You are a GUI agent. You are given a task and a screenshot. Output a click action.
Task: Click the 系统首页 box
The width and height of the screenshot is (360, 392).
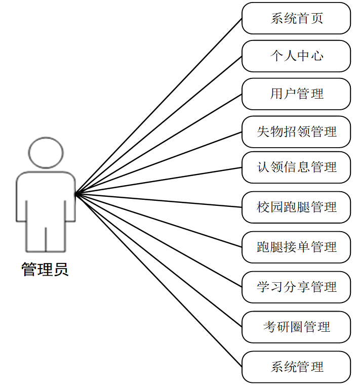296,18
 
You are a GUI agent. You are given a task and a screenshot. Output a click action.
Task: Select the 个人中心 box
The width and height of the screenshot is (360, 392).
296,56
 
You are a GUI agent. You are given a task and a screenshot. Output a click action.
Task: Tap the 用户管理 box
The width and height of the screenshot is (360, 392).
296,94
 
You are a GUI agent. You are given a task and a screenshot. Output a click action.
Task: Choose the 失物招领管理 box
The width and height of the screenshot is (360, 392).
296,132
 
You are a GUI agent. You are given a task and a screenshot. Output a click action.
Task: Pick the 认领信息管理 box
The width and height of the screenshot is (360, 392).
296,167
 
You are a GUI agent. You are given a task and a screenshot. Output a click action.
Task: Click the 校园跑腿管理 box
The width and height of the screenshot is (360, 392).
296,207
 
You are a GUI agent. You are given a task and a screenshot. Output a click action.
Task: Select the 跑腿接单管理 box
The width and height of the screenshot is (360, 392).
296,247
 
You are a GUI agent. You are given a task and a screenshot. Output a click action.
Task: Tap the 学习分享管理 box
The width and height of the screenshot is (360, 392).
296,287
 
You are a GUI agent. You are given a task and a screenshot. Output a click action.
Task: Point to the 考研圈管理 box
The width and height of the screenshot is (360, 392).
296,327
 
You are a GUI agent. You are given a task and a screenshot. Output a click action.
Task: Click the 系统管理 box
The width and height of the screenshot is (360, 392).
296,367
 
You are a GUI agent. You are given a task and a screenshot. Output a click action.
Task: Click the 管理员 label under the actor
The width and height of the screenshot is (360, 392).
45,269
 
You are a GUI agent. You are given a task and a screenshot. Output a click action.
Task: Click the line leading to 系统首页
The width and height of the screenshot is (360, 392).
158,106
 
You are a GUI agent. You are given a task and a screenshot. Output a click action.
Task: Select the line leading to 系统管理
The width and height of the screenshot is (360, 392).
158,280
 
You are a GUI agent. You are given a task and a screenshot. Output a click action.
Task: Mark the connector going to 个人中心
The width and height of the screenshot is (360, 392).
158,124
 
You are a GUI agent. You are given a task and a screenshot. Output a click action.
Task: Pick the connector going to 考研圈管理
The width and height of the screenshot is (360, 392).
158,260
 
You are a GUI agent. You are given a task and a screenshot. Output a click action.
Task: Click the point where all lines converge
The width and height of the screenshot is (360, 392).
75,193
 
